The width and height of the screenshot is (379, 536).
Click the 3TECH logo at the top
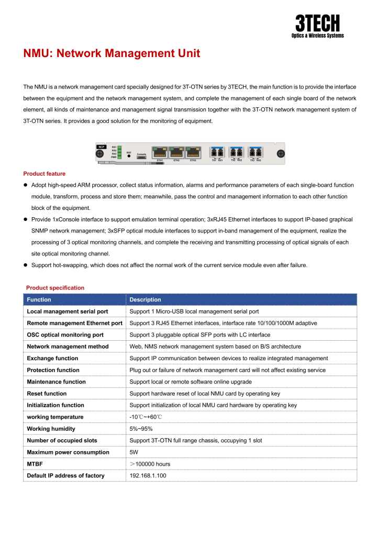[317, 26]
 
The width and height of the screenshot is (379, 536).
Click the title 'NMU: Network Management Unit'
[112, 53]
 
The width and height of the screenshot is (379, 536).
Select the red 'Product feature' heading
[44, 173]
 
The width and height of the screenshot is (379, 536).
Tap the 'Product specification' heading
[55, 288]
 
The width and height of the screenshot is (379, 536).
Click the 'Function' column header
[39, 300]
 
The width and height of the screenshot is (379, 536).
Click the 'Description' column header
[146, 300]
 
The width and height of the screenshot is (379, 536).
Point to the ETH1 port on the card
[160, 152]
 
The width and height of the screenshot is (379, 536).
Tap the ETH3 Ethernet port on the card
[193, 152]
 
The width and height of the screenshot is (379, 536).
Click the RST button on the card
[129, 155]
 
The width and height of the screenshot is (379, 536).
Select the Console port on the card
[141, 157]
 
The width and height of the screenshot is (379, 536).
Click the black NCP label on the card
[102, 147]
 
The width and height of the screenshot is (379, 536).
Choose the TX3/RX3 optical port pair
[255, 152]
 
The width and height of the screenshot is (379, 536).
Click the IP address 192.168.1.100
[148, 476]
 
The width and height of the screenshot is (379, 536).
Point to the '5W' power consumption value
[134, 452]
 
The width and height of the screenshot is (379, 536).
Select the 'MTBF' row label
[35, 464]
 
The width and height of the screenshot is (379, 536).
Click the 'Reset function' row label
[47, 394]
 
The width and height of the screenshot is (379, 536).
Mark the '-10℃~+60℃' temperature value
[146, 417]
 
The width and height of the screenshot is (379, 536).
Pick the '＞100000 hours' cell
[150, 464]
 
